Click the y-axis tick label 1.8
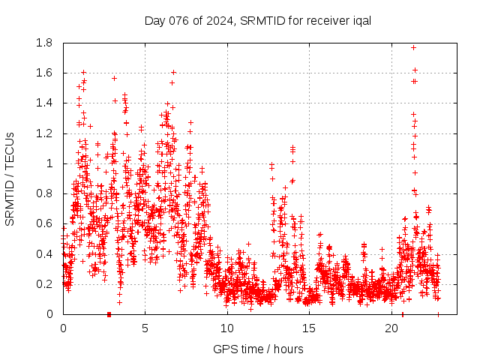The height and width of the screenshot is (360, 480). [45, 43]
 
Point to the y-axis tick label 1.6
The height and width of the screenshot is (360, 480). [45, 73]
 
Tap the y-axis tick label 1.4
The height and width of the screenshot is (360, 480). [45, 103]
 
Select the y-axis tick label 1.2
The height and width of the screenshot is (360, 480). [45, 133]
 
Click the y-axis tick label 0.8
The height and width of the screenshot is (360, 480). [45, 193]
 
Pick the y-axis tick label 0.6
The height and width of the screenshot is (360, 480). [45, 223]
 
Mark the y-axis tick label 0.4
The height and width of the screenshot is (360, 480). [45, 253]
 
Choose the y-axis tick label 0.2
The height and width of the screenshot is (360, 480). [45, 283]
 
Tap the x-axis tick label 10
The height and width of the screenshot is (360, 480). [227, 328]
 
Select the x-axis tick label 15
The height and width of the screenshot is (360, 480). [309, 328]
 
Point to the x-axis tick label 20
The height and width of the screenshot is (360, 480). [391, 328]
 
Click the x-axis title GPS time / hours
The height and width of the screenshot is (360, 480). [258, 349]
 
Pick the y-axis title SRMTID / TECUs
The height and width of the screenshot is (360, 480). [10, 178]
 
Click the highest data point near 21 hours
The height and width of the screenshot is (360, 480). [413, 47]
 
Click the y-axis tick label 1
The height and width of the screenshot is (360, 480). [49, 163]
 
